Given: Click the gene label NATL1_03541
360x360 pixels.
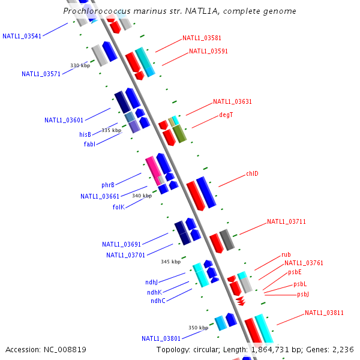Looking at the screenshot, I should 22,36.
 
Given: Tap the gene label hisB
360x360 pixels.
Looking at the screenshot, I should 85,135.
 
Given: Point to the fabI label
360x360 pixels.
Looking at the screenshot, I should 89,144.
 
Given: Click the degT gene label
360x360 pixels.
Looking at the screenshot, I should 226,115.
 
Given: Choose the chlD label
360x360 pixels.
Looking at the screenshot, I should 252,174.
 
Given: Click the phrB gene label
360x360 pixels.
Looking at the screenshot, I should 108,185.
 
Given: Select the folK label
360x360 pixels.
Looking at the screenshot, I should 118,207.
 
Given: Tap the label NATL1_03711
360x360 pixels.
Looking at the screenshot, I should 286,222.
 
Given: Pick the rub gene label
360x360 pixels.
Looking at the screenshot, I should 286,255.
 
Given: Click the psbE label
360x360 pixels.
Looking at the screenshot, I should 295,272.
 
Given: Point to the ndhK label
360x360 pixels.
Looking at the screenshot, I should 154,292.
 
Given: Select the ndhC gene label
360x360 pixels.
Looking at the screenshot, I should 158,301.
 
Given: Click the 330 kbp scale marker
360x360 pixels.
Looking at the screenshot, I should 80,65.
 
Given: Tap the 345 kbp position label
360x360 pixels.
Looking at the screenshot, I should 170,262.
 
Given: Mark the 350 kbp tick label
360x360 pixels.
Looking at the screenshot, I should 198,328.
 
